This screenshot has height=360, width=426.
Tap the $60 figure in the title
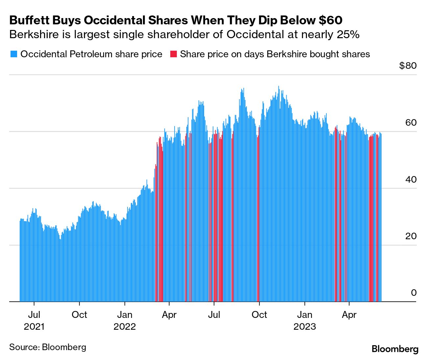point(330,20)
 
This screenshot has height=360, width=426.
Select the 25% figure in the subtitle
point(348,35)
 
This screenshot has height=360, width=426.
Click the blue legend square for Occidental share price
point(13,54)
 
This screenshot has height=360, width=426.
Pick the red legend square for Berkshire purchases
point(173,54)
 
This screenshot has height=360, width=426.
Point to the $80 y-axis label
point(408,65)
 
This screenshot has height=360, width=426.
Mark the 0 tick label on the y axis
point(414,293)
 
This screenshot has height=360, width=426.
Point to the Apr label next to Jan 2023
point(349,315)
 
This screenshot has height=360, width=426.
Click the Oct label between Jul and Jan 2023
point(259,315)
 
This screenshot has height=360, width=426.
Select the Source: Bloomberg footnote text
point(48,347)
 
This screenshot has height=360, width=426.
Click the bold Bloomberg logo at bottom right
point(395,349)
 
